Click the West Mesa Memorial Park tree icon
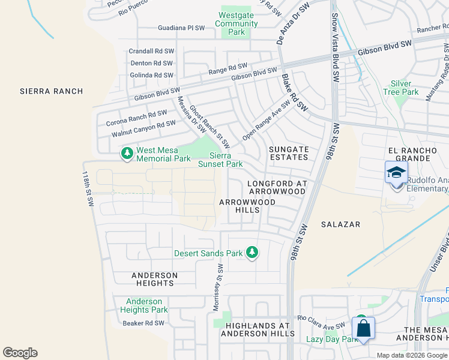[127, 154]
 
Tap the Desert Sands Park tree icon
[253, 253]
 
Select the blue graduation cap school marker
[396, 173]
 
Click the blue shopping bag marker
[363, 329]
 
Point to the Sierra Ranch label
[51, 91]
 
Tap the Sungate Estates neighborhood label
[289, 153]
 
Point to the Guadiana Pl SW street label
[181, 28]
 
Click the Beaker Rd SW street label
[143, 323]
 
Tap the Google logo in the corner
[20, 353]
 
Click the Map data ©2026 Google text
[412, 355]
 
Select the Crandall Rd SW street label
[151, 51]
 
